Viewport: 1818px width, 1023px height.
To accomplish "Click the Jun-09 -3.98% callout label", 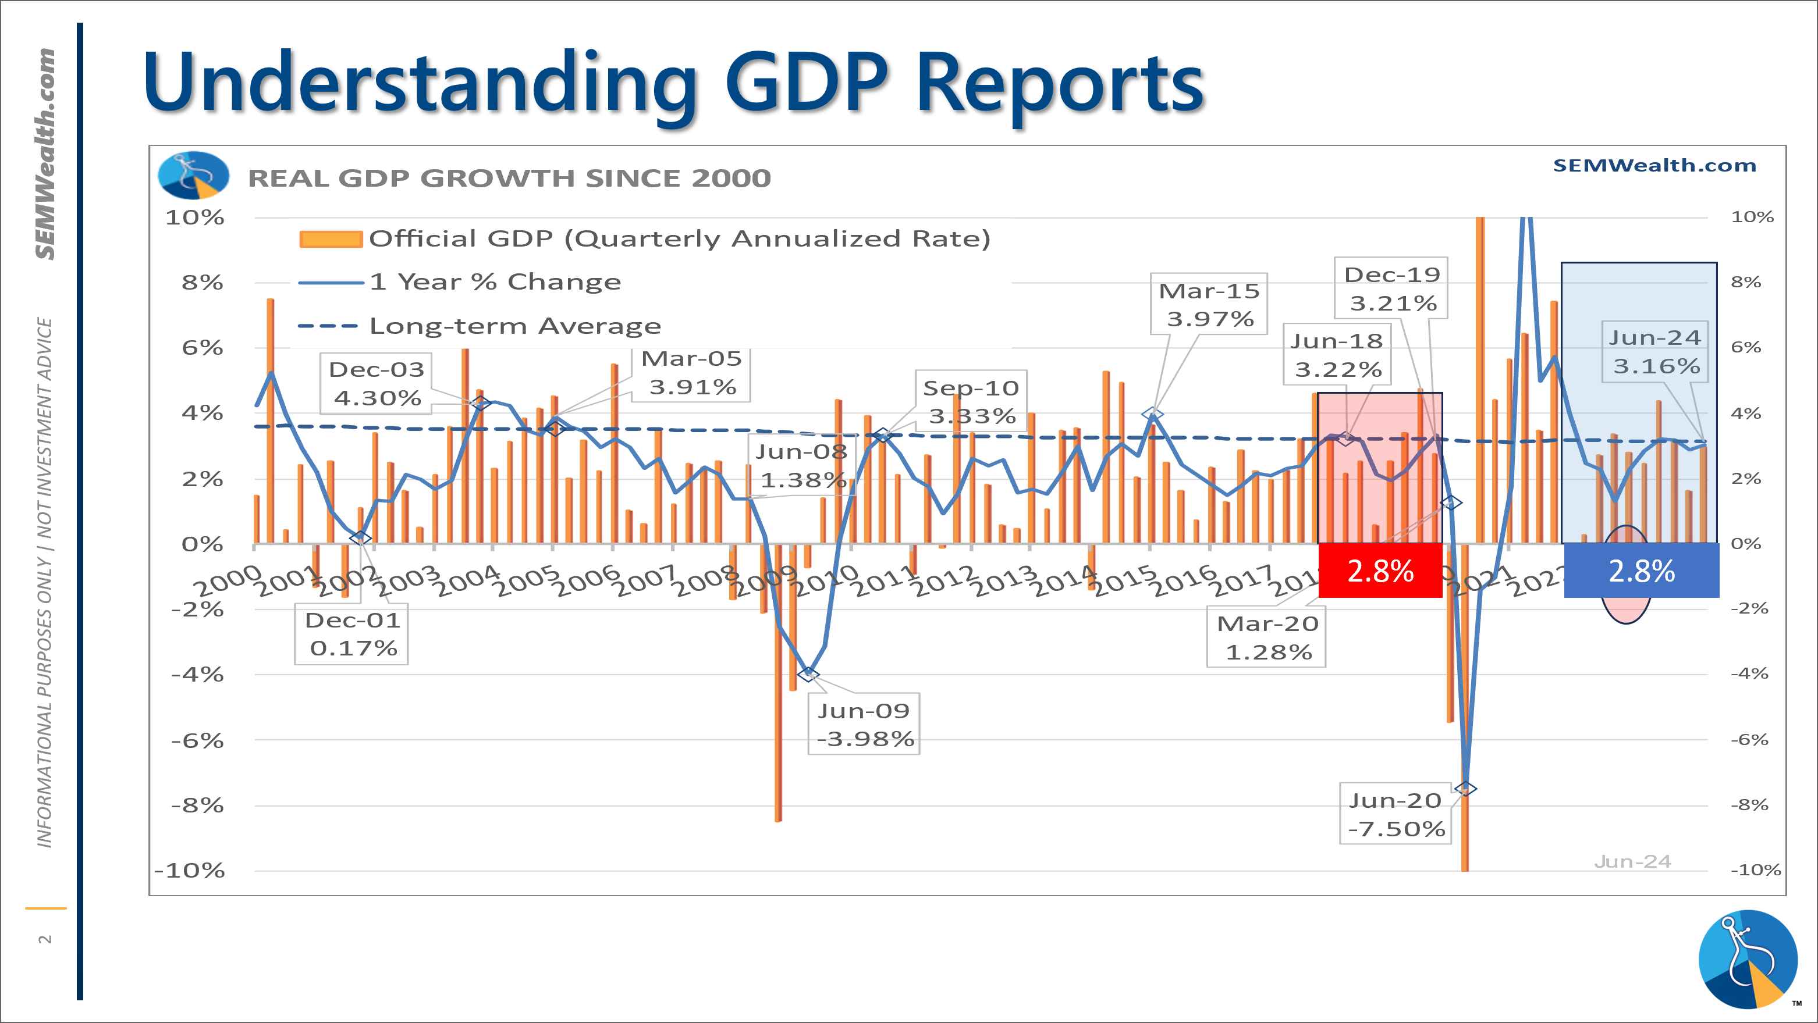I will tap(863, 724).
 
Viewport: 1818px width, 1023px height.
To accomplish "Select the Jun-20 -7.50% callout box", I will tap(1396, 814).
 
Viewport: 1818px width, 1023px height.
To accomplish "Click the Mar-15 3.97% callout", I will tap(1208, 304).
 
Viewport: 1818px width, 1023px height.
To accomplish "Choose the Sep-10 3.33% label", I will tap(971, 401).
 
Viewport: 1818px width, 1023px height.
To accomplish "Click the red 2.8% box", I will tap(1380, 571).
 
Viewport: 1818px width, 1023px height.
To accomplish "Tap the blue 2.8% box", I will tap(1641, 571).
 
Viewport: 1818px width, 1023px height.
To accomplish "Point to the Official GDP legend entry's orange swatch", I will tap(331, 239).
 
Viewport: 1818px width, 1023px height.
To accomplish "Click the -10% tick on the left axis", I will tap(189, 870).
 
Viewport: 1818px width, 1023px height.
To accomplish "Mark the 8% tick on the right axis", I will tap(1745, 282).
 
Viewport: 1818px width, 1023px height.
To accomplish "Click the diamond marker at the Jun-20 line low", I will tap(1465, 788).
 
